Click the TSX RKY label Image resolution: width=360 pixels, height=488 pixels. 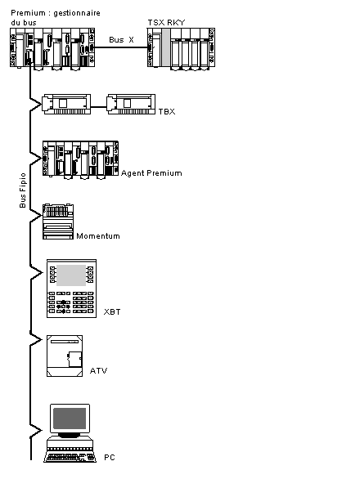point(166,22)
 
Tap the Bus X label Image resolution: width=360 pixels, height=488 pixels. point(121,39)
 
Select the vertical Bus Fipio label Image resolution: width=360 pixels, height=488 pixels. point(22,190)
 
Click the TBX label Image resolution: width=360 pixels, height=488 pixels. point(167,111)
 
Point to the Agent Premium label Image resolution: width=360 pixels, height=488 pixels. point(151,173)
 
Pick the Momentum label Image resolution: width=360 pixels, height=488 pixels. point(98,236)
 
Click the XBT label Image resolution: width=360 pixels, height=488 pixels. point(112,311)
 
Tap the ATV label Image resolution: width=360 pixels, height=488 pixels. point(98,370)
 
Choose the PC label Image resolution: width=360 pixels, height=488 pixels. point(110,457)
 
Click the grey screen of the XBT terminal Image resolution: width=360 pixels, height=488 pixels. point(71,275)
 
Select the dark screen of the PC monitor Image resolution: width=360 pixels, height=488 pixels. point(70,419)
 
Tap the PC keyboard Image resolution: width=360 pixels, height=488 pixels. point(70,457)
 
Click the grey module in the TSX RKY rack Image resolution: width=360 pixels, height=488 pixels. point(165,47)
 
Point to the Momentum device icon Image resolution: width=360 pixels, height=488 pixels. point(58,222)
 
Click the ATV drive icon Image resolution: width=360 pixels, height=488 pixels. point(65,356)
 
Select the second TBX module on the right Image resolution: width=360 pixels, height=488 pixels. point(131,105)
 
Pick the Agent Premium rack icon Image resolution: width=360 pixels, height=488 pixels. point(80,160)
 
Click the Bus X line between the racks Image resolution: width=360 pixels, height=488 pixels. point(121,47)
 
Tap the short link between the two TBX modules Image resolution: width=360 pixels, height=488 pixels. point(99,107)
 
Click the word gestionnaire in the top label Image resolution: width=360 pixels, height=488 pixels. point(77,13)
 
